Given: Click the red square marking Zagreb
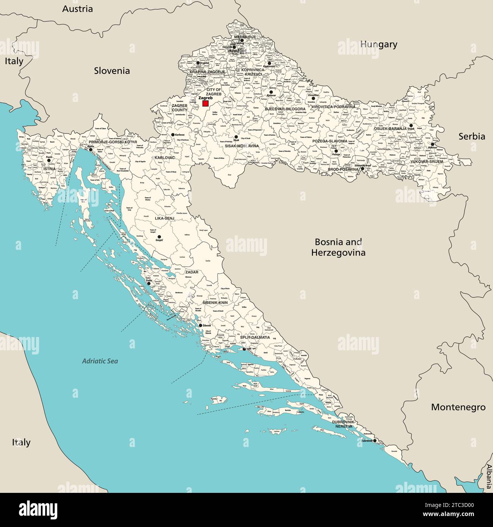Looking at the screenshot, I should [205, 104].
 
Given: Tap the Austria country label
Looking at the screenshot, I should [77, 9].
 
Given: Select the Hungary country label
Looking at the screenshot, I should [378, 44].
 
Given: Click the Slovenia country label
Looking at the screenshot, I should [112, 71].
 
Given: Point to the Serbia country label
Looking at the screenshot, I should [472, 136].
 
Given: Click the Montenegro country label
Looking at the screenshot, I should [458, 407].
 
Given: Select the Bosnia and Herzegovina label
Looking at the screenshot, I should [338, 247].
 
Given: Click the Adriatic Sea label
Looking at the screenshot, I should [100, 361].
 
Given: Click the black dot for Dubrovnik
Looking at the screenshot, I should [375, 441].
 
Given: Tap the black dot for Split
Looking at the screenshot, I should [244, 349].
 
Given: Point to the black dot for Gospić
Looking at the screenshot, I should [159, 237].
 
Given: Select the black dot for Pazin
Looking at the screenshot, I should [49, 160].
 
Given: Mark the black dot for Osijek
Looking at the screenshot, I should [411, 125].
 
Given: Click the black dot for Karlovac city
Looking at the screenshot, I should [173, 135].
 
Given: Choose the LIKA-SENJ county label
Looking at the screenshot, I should [165, 219].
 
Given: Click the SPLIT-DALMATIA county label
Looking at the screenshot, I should [255, 337].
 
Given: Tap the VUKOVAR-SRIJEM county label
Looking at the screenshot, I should [427, 162].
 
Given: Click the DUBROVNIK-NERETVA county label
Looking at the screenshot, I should [344, 424].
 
